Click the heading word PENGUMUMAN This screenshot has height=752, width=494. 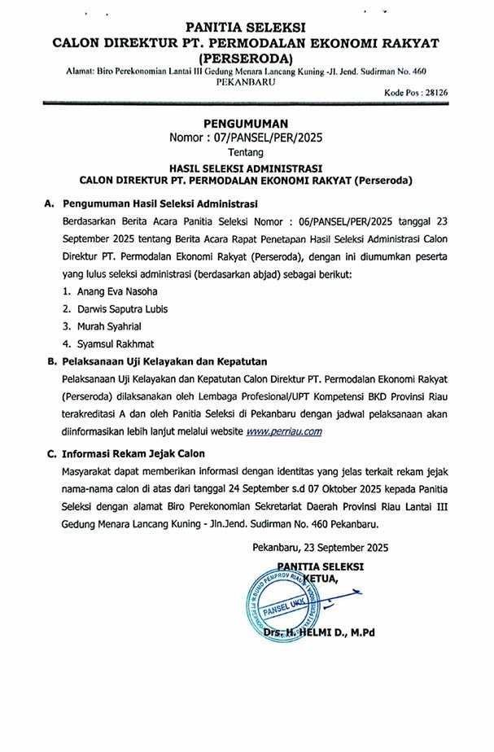click(x=247, y=122)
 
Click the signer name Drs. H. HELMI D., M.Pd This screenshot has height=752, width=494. click(x=319, y=632)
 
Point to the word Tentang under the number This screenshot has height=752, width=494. click(x=247, y=151)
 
